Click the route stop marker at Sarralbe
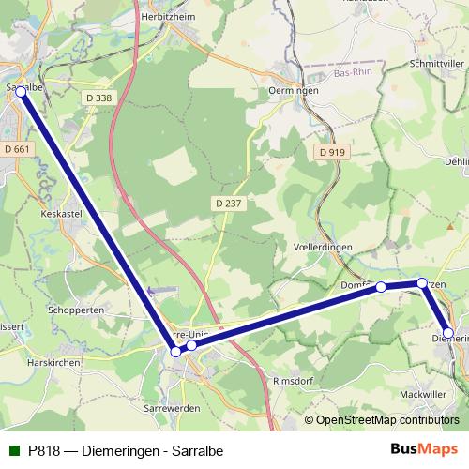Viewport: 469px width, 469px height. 21,92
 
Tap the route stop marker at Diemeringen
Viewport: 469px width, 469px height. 448,333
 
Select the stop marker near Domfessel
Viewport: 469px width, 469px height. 381,288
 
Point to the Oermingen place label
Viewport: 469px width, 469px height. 294,90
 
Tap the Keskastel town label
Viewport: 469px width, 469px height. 63,213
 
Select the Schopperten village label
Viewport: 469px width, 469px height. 75,309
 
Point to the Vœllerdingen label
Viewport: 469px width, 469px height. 322,245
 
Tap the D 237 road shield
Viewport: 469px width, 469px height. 227,203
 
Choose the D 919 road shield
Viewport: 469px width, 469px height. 332,152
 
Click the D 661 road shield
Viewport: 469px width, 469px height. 18,148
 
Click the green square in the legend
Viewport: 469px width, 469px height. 15,450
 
